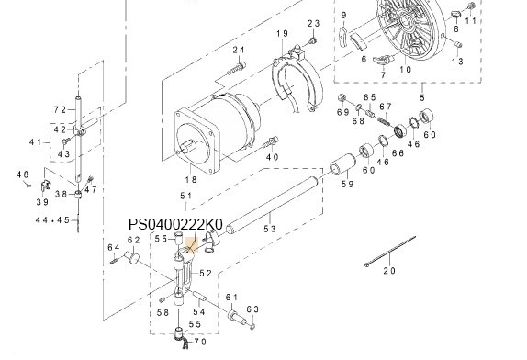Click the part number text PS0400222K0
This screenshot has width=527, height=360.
coord(175,224)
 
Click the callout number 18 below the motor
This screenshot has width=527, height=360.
coord(191,180)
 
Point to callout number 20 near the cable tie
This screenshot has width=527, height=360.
coord(388,271)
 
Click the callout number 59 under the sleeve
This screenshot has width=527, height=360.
coord(348,185)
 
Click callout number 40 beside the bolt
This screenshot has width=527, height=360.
coord(272,157)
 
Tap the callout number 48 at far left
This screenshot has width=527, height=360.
coord(23,174)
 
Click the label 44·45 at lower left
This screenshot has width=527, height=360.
coord(52,220)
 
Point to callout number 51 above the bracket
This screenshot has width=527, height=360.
coord(185,197)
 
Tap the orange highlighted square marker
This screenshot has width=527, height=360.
coord(191,244)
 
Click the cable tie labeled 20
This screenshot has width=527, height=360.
coord(388,256)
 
